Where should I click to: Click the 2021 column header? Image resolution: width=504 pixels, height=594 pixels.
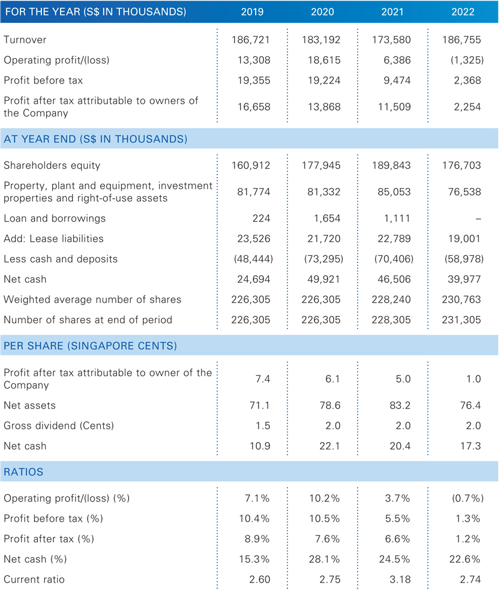click(392, 12)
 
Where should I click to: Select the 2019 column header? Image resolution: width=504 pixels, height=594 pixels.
click(253, 12)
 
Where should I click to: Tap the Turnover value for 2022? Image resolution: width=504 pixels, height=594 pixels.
click(461, 40)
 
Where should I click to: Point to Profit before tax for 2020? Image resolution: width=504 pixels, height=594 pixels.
click(324, 80)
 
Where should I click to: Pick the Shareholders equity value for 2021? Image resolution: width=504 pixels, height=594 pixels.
click(391, 165)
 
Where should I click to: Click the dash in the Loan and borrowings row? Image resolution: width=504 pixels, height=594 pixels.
click(478, 219)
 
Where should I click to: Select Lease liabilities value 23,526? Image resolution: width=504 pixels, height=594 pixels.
click(254, 238)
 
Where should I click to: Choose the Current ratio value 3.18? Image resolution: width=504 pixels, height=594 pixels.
click(400, 580)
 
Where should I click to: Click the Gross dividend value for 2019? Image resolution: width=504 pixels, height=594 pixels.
click(263, 426)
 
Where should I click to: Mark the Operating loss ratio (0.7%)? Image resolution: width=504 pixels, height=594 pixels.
click(467, 498)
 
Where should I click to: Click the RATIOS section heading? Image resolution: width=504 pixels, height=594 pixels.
click(23, 472)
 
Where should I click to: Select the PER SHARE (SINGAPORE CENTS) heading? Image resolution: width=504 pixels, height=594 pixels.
click(91, 346)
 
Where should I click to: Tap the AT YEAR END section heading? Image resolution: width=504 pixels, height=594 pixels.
click(95, 139)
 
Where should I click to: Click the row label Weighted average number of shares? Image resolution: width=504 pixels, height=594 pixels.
click(92, 300)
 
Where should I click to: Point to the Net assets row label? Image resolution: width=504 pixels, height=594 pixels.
click(29, 405)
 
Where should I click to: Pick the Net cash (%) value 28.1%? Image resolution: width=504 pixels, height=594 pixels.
click(324, 559)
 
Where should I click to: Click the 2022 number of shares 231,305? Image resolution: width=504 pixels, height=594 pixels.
click(461, 320)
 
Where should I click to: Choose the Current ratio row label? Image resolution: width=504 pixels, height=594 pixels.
click(34, 580)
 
